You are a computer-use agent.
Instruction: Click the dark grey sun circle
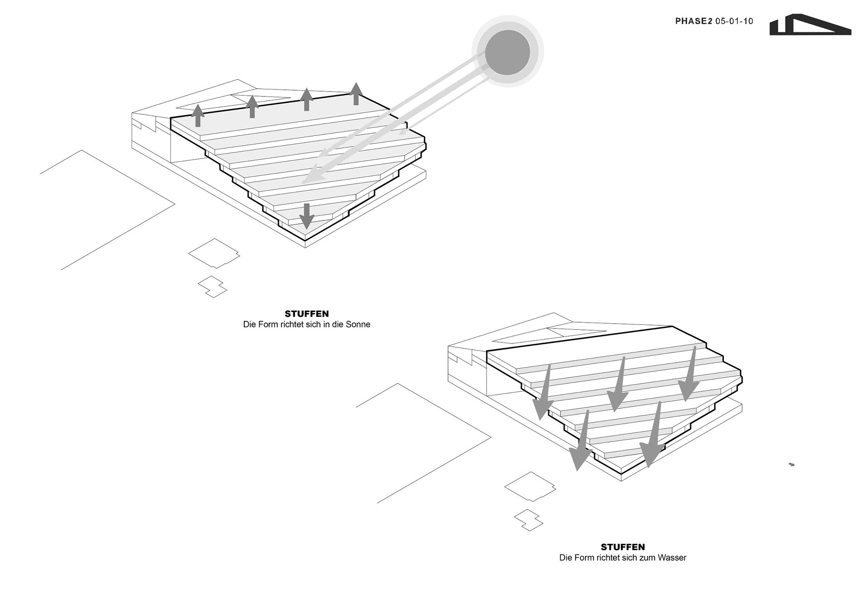point(508,52)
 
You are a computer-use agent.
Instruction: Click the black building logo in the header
point(809,26)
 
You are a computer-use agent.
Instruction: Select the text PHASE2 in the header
point(693,21)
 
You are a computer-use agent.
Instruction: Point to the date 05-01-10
point(734,21)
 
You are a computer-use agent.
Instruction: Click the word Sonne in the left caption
point(358,324)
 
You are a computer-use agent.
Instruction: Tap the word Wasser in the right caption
point(672,558)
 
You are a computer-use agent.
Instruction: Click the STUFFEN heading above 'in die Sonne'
point(307,314)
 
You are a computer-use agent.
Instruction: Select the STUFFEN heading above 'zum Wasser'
point(623,547)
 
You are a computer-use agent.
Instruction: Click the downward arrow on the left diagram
point(307,216)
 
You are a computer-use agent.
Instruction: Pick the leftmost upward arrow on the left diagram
point(197,115)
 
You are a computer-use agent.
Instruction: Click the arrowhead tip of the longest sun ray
point(305,180)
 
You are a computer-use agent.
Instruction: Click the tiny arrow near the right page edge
point(791,464)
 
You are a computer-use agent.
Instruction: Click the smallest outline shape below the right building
point(529,520)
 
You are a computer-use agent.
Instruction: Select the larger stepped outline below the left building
point(214,253)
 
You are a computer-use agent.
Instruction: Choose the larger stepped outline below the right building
point(530,486)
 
